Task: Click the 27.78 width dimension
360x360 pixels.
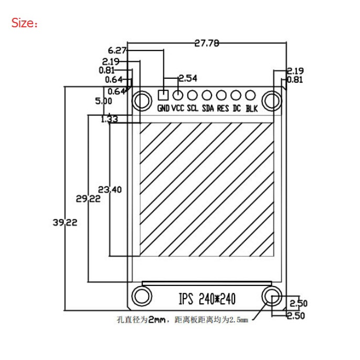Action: [207, 43]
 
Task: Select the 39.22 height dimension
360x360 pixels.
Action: [65, 223]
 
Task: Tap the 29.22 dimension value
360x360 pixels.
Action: [88, 199]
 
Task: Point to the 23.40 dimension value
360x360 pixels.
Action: [110, 190]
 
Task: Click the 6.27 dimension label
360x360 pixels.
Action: [117, 50]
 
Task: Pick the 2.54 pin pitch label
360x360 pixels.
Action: [187, 79]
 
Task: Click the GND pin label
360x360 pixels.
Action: [163, 109]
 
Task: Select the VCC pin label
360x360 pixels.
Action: [178, 109]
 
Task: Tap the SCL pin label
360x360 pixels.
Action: [193, 109]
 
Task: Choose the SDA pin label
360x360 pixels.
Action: [207, 109]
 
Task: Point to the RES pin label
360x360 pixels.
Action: [223, 109]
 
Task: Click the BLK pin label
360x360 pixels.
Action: [252, 109]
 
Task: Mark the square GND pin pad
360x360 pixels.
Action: [163, 96]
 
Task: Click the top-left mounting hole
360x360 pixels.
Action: [141, 100]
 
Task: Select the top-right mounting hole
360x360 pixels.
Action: [271, 100]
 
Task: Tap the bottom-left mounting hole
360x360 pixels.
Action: [141, 295]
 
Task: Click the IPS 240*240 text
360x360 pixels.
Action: [207, 299]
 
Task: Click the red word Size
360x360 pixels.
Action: [24, 23]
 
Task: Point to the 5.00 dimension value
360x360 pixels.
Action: [103, 101]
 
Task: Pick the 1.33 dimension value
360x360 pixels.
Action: [109, 119]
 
